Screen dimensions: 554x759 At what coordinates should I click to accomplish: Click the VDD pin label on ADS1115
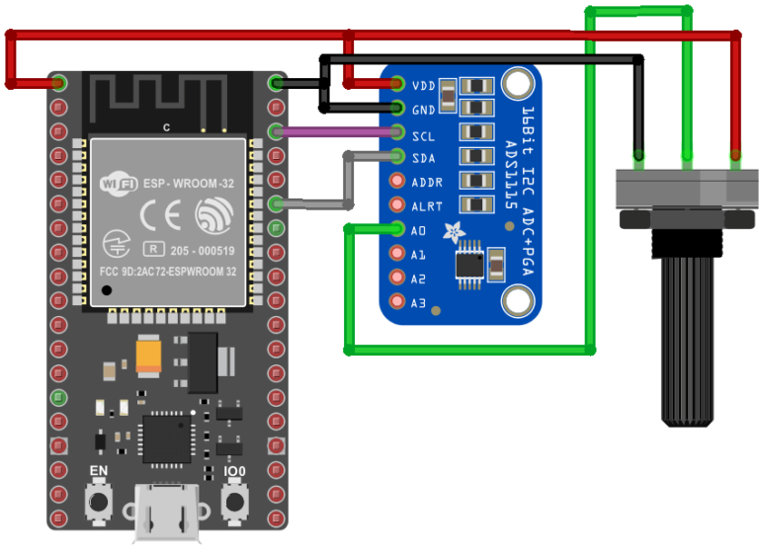point(424,86)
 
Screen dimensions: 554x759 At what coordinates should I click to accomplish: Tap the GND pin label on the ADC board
point(424,110)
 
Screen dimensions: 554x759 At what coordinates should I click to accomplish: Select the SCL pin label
point(424,134)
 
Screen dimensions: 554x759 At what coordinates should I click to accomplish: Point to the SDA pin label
point(424,158)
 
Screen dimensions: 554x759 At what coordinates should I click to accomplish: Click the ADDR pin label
point(427,183)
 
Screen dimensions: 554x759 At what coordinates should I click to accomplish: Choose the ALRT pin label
point(427,206)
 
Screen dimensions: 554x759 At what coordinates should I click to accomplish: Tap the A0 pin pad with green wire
point(397,230)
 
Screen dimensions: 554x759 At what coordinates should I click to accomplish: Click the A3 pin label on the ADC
point(419,302)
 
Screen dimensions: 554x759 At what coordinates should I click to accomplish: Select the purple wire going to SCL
point(336,131)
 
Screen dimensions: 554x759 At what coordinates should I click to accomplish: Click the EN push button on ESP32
point(99,503)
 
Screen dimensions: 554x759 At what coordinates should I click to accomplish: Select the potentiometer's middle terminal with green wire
point(687,156)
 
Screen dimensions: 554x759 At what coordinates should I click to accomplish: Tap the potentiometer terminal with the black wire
point(639,156)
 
